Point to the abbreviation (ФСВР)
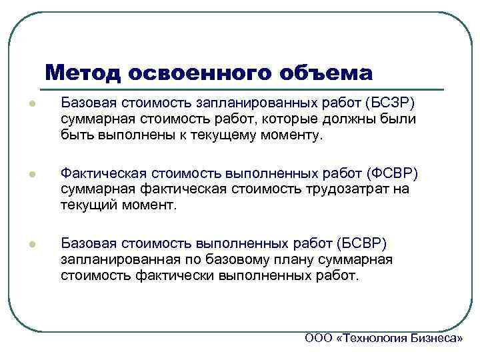click(x=394, y=173)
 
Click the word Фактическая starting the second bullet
click(x=101, y=173)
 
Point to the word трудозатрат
click(x=343, y=189)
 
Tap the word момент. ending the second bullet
click(x=150, y=205)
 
